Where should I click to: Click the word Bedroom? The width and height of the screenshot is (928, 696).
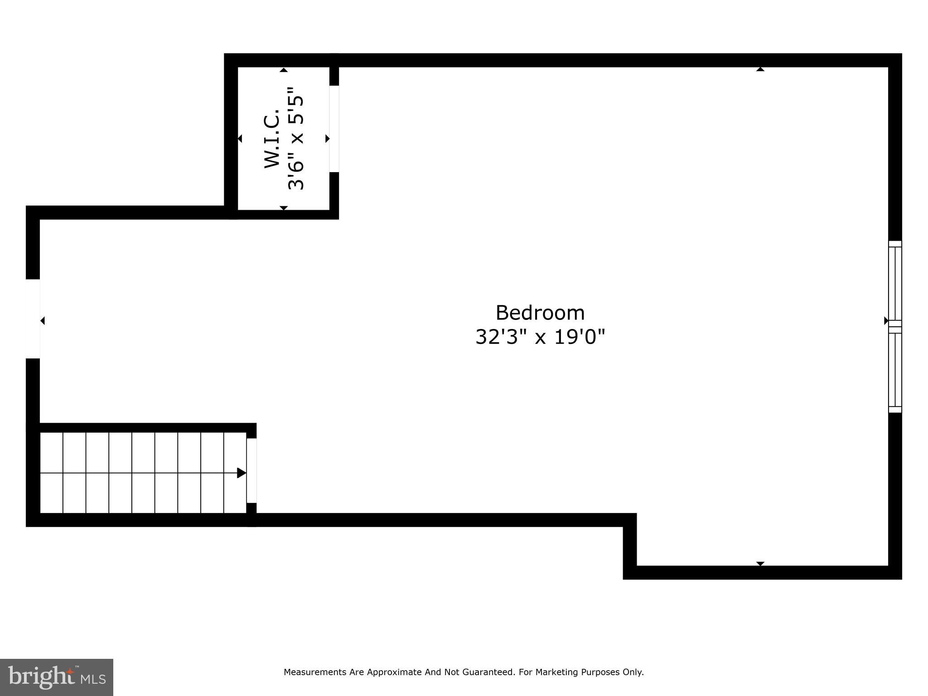540,313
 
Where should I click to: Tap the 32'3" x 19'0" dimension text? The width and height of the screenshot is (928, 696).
540,337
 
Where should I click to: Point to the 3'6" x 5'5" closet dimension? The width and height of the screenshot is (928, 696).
296,139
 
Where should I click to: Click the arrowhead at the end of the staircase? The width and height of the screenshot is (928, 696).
242,473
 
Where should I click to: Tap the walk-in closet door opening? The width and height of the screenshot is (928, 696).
334,129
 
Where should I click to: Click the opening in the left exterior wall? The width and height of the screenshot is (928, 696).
33,319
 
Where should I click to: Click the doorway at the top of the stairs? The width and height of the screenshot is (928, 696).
251,470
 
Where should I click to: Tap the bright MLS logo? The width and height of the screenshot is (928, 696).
56,677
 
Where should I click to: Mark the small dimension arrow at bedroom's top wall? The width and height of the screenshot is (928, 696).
760,69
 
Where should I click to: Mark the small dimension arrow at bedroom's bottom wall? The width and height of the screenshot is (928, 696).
760,563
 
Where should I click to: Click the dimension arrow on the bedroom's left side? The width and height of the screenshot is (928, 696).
43,321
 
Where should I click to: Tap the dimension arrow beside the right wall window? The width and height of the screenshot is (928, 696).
886,321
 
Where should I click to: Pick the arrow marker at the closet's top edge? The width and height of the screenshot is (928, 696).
284,70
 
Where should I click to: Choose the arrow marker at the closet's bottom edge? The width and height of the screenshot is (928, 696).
284,208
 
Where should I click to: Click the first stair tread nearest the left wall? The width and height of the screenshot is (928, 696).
51,473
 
